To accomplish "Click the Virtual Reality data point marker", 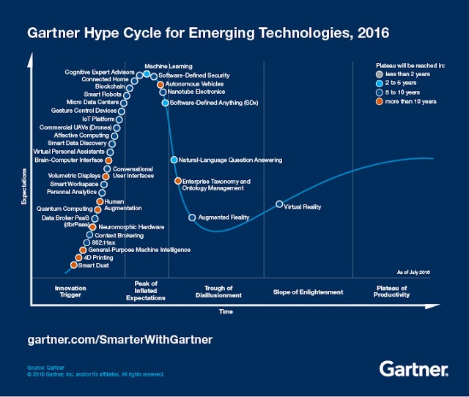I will click(279, 204).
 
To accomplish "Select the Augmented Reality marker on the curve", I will click(192, 218).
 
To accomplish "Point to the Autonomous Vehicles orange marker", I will click(160, 85).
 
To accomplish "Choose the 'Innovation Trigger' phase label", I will click(70, 292).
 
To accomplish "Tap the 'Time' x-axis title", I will click(226, 311).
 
